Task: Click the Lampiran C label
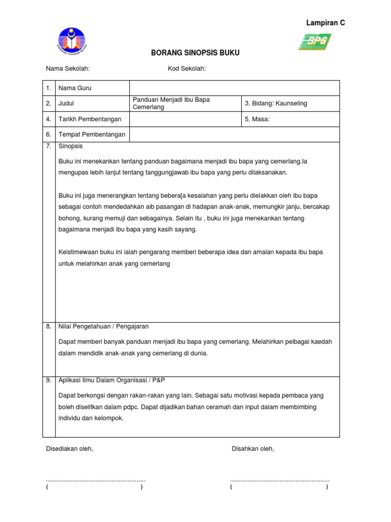click(325, 23)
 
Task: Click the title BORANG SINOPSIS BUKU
click(195, 53)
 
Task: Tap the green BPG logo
click(315, 41)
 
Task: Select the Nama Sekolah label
click(68, 69)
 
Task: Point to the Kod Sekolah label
click(186, 69)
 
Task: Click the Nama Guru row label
click(75, 88)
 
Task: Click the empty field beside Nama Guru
click(234, 88)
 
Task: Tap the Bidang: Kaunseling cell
click(275, 103)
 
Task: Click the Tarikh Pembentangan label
click(90, 119)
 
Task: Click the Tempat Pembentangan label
click(92, 135)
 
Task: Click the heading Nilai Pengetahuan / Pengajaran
click(103, 326)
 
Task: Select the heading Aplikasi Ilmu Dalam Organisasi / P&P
click(111, 380)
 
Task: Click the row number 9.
click(48, 380)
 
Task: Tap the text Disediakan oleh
click(69, 449)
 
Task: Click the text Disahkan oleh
click(253, 449)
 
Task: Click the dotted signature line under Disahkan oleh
click(280, 480)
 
